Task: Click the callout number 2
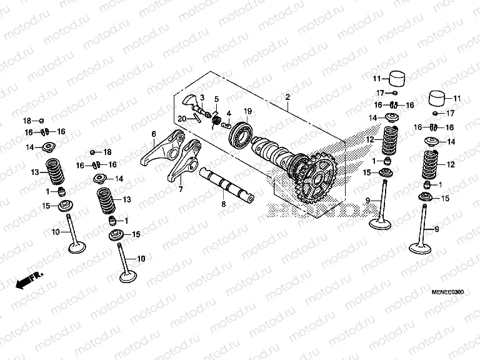click(287, 97)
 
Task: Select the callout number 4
click(229, 113)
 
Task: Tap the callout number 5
click(216, 99)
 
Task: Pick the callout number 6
click(153, 134)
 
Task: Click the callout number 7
click(179, 189)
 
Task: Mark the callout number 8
click(223, 204)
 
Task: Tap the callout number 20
click(181, 119)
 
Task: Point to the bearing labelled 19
click(241, 134)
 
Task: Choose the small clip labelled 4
click(227, 124)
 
